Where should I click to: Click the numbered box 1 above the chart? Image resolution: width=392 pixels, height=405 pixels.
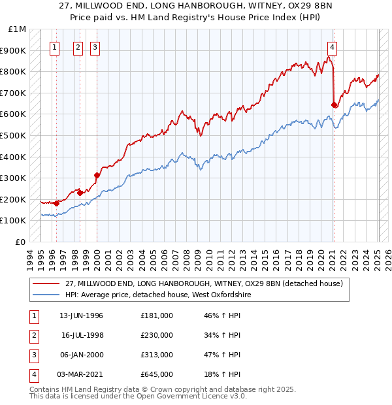coord(54,47)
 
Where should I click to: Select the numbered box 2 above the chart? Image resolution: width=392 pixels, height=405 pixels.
coord(78,47)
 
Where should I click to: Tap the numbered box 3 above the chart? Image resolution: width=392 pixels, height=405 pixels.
coord(95,47)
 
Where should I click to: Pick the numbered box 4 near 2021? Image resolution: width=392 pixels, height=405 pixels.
coord(333,47)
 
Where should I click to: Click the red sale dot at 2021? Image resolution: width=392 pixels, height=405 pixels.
coord(334,105)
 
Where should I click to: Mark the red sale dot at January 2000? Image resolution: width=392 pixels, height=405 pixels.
coord(97,175)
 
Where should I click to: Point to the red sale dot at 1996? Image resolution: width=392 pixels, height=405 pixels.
coord(57,203)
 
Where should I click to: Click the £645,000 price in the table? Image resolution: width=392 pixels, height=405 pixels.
coord(157,374)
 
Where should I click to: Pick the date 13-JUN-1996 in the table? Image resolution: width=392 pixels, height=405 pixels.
coord(81,316)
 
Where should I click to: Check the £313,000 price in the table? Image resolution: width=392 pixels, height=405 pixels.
coord(157,355)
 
